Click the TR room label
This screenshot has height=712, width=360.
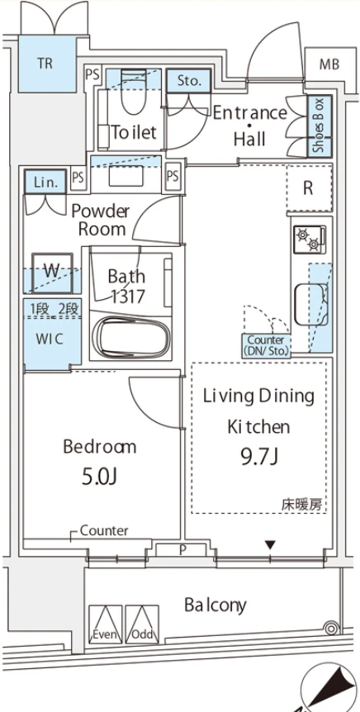[x=45, y=64]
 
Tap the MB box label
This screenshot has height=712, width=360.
[x=329, y=64]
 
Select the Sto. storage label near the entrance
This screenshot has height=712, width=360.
[x=189, y=81]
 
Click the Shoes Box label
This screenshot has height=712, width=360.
[x=320, y=126]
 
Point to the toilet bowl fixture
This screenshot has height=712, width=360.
[x=134, y=91]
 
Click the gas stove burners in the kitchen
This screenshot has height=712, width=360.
[x=309, y=240]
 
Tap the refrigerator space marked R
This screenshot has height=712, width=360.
[x=309, y=188]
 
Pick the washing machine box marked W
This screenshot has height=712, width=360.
[x=52, y=273]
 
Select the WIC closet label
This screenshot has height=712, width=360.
[x=50, y=339]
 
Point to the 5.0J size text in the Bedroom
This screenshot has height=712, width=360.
[x=100, y=477]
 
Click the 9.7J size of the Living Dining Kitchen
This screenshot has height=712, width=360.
[x=258, y=456]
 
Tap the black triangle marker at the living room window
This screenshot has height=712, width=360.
[x=271, y=544]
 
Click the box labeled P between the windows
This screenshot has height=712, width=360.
[x=182, y=549]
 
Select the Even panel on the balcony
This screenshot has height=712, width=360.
[x=106, y=624]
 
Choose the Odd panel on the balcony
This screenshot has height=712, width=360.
[x=142, y=624]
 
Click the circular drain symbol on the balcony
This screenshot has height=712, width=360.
[x=332, y=629]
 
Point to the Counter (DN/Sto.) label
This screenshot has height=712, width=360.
[x=266, y=345]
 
